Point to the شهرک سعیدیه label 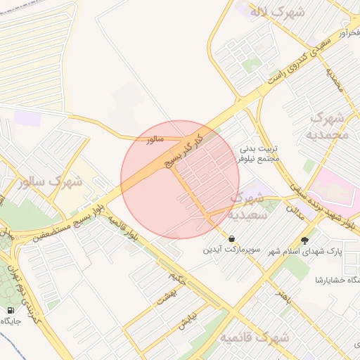click(248, 207)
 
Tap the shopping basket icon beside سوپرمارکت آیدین click(232, 238)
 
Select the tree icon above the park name click(304, 239)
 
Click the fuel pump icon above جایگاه click(10, 310)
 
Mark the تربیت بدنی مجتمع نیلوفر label click(259, 153)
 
